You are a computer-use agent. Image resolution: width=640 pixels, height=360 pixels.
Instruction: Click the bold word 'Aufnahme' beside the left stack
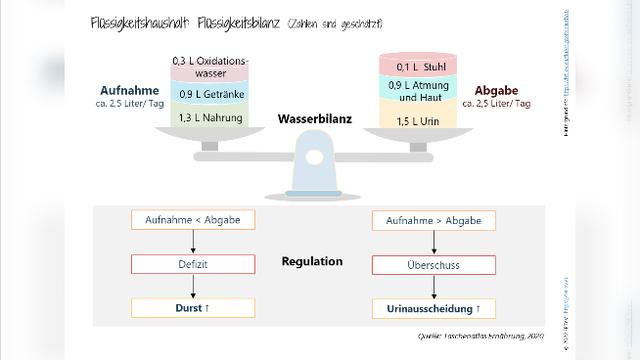(129, 88)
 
